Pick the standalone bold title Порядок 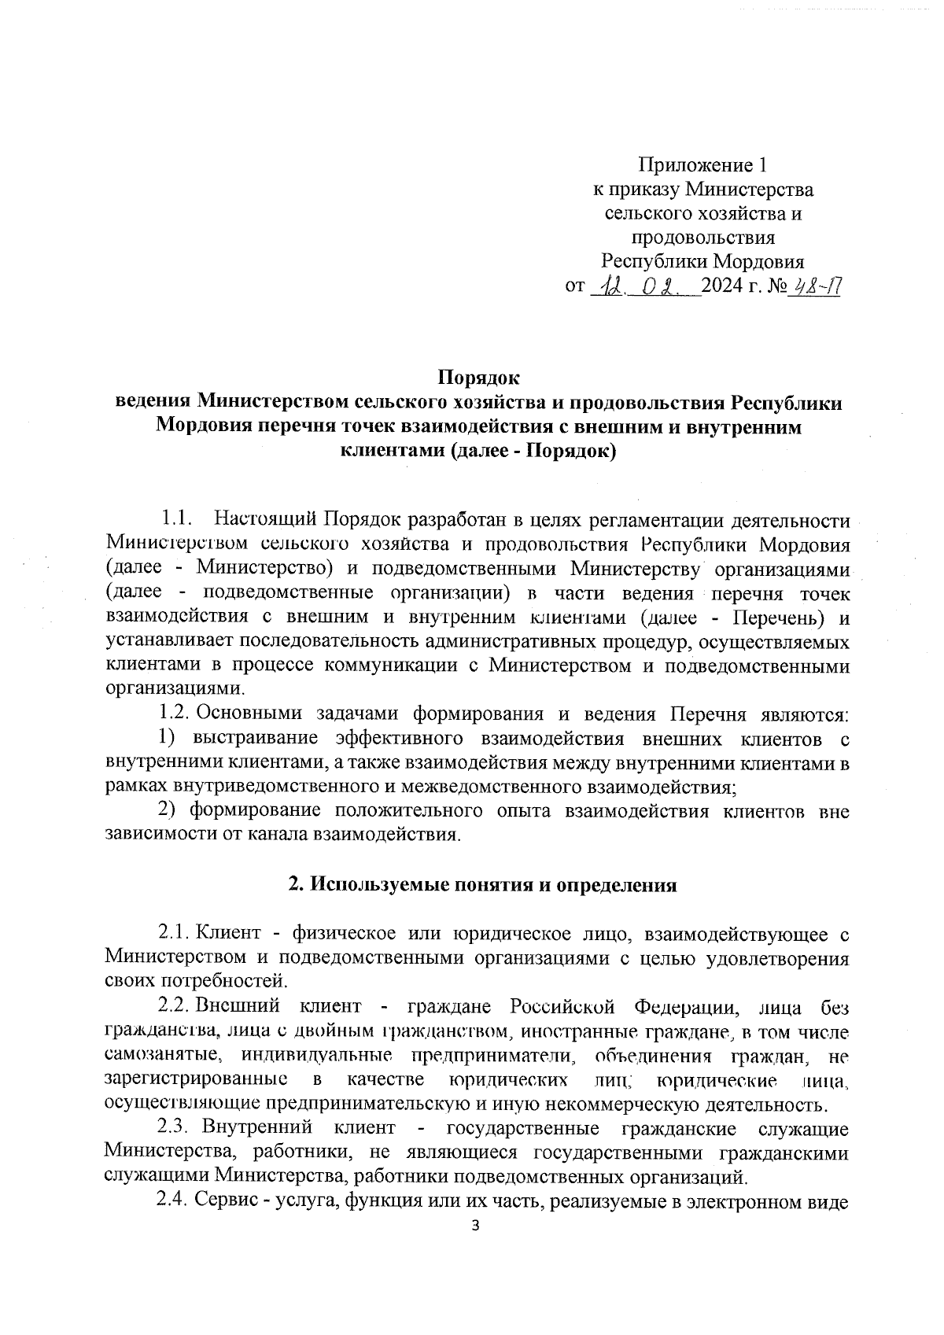[479, 378]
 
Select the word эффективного [397, 739]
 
